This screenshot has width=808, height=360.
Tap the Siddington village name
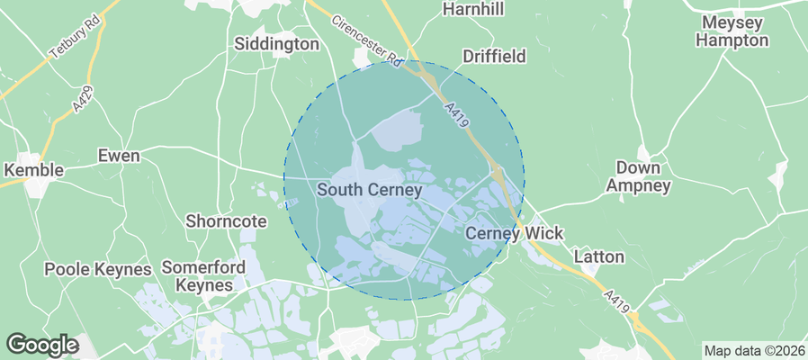tap(276, 43)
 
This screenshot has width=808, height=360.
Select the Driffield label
tap(494, 57)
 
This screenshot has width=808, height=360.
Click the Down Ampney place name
tap(638, 176)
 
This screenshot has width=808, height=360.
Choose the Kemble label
tap(33, 170)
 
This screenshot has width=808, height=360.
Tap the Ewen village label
tap(119, 156)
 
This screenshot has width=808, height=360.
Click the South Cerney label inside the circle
tap(369, 190)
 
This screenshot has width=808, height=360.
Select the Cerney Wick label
tap(514, 233)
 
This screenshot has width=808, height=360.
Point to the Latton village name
tap(598, 256)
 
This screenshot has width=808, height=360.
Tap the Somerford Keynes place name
tap(197, 276)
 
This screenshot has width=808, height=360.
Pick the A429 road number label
tap(83, 98)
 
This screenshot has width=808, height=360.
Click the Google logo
tap(42, 344)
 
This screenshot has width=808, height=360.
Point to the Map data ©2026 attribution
tap(754, 350)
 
